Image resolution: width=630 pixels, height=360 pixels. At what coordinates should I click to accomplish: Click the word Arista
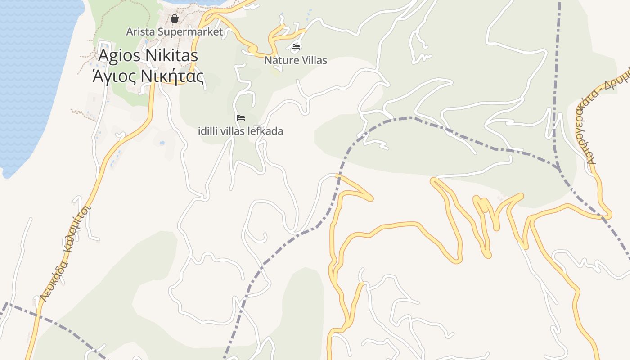pyautogui.click(x=141, y=32)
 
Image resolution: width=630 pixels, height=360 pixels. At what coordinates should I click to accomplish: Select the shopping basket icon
pyautogui.click(x=175, y=19)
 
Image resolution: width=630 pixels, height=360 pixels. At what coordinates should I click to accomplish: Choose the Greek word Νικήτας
pyautogui.click(x=172, y=76)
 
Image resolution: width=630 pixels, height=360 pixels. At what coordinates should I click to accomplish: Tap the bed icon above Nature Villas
pyautogui.click(x=296, y=46)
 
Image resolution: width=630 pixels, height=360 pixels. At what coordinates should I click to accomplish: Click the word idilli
pyautogui.click(x=207, y=131)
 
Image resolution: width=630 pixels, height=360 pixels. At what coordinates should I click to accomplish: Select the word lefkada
pyautogui.click(x=267, y=131)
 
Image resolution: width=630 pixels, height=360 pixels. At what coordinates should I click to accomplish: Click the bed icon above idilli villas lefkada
pyautogui.click(x=241, y=118)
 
